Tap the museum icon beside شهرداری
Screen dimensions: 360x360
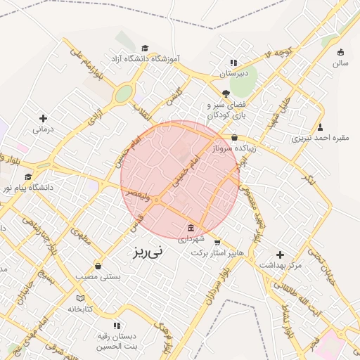click(x=192, y=227)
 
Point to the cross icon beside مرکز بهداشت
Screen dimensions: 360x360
click(x=281, y=254)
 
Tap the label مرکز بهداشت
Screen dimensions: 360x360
click(x=281, y=266)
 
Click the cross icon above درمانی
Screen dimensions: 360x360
click(x=44, y=118)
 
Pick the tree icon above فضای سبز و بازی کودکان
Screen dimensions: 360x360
click(x=225, y=93)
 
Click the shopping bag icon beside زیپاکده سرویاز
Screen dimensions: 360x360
click(x=234, y=137)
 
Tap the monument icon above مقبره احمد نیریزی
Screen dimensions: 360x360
click(x=321, y=127)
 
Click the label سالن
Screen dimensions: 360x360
click(x=340, y=63)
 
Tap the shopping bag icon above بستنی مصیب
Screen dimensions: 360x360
click(x=97, y=266)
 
